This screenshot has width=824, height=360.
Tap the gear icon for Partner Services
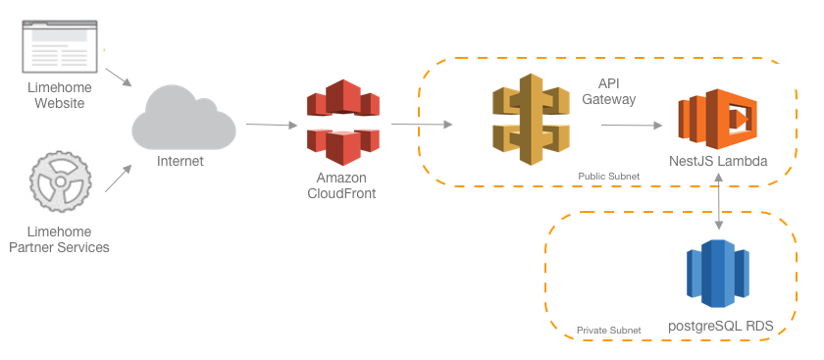point(59,182)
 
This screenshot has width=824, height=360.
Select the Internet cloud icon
point(184,120)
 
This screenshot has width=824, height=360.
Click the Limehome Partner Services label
point(59,239)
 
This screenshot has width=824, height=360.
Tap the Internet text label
point(180,161)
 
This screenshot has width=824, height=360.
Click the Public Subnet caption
point(609,176)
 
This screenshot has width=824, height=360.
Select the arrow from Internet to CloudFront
point(271,125)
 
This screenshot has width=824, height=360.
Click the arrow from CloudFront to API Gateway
point(422,125)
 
